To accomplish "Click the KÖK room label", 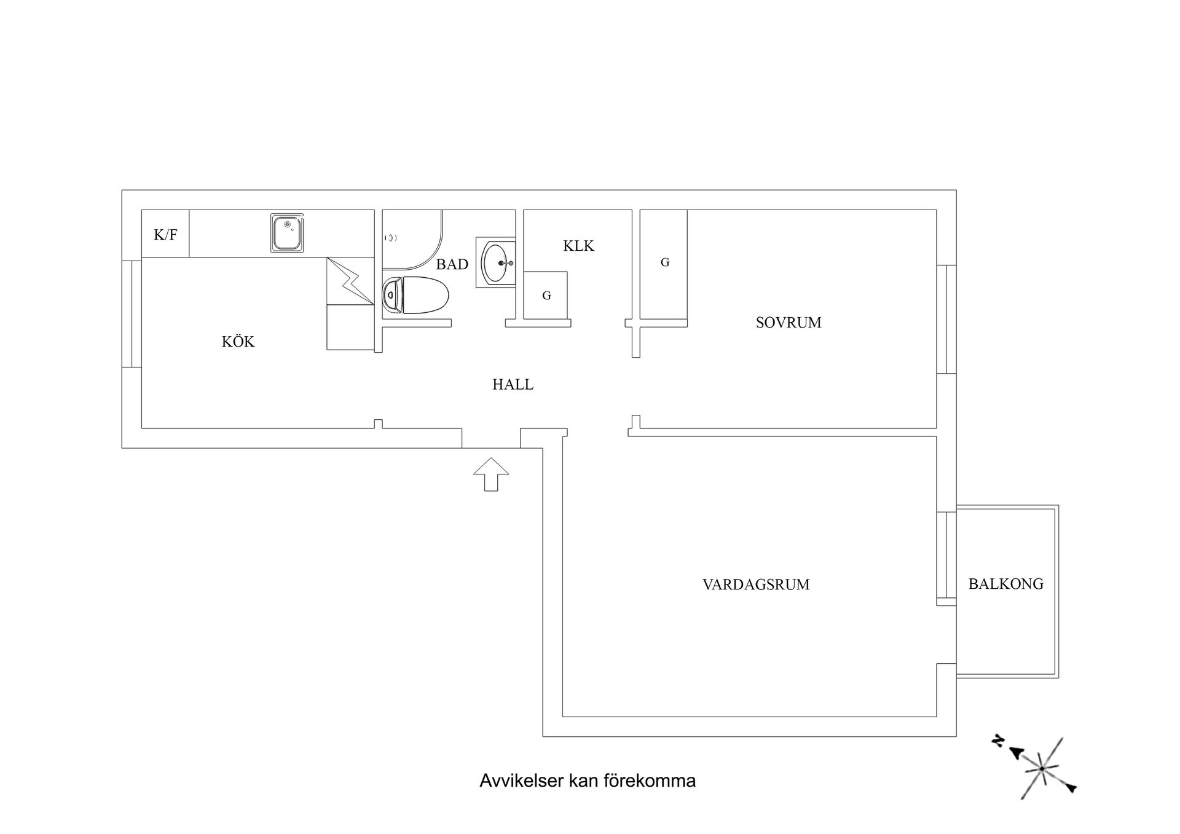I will coord(238,342).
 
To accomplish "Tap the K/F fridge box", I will coord(165,234).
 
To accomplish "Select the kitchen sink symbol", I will coord(287,233).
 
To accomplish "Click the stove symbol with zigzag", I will coord(350,281).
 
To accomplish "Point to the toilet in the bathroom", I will coord(416,296).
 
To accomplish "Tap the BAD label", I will coord(452,264).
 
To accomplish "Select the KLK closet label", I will coord(578,246).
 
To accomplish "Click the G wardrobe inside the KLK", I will coord(546,296).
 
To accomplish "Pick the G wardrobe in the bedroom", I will coord(664,263).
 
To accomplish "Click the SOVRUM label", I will coord(788,323).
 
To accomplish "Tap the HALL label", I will coord(513,385).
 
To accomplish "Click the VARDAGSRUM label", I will coord(756,584).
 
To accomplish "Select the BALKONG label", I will coord(1005,584).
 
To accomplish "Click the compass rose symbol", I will coord(1042,768).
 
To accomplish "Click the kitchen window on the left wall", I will coord(132,314).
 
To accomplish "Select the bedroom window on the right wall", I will coord(946,320).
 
